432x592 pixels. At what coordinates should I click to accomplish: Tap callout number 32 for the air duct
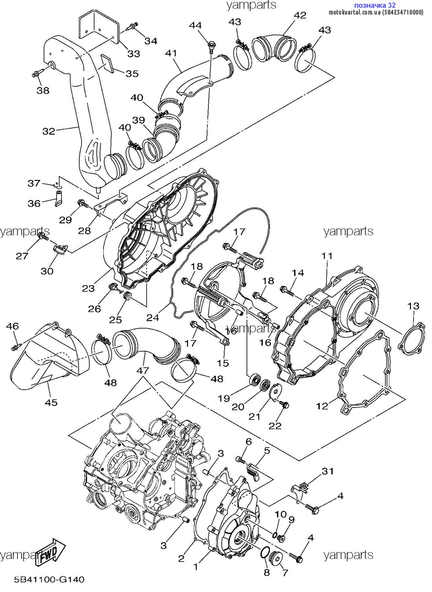(49, 131)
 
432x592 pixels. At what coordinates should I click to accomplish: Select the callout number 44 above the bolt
(195, 25)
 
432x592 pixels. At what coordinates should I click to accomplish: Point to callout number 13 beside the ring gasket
(413, 306)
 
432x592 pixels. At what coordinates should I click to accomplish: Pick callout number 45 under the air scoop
(51, 402)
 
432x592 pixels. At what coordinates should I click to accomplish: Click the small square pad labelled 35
(107, 63)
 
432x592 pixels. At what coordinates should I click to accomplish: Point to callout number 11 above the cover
(327, 256)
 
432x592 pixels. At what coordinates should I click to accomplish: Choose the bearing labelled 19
(255, 380)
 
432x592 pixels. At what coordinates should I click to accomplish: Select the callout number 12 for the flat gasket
(322, 406)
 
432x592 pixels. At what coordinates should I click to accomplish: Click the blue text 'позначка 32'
(375, 5)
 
